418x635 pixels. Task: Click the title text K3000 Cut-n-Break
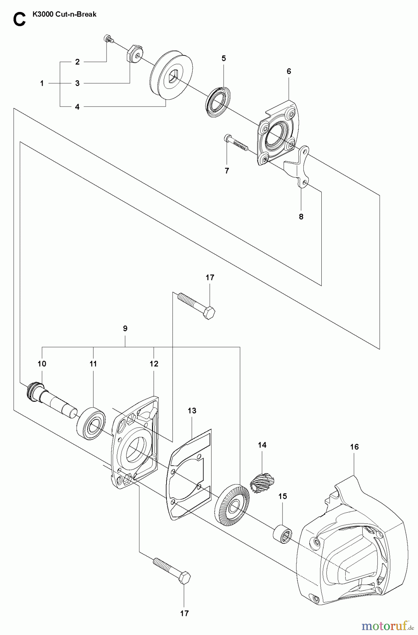pos(64,15)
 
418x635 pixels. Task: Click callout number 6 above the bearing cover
pos(289,71)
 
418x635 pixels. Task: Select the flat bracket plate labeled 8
pos(298,166)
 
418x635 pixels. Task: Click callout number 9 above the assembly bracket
pos(125,328)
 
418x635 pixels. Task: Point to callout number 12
pos(154,364)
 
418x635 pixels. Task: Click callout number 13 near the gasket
pos(192,411)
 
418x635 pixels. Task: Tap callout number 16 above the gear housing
pos(354,447)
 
